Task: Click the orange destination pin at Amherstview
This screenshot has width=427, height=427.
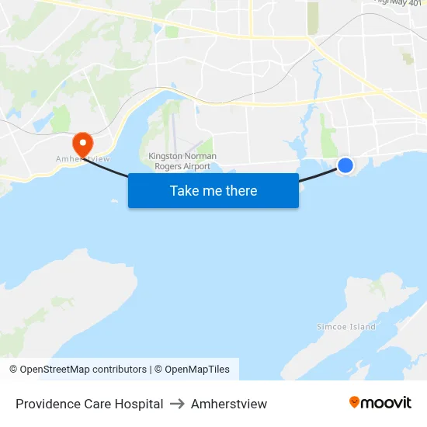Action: (82, 143)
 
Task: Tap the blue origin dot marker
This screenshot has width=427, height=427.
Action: (345, 165)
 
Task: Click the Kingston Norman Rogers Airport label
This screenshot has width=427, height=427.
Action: (182, 161)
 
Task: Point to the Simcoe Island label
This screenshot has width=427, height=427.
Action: (346, 327)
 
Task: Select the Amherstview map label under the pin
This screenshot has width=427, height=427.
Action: (82, 158)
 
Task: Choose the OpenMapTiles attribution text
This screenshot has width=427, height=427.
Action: (192, 370)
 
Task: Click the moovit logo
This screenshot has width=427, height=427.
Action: (380, 403)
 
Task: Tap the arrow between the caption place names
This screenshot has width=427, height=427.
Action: (177, 404)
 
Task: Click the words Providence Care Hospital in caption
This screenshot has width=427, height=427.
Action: (89, 404)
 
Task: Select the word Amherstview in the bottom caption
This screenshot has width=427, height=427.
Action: (229, 404)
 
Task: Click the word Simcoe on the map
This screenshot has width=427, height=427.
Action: (332, 327)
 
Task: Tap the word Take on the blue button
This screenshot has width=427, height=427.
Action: (185, 191)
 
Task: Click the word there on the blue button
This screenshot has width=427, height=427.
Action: (241, 191)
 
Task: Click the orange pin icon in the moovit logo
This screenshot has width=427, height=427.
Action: (355, 402)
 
